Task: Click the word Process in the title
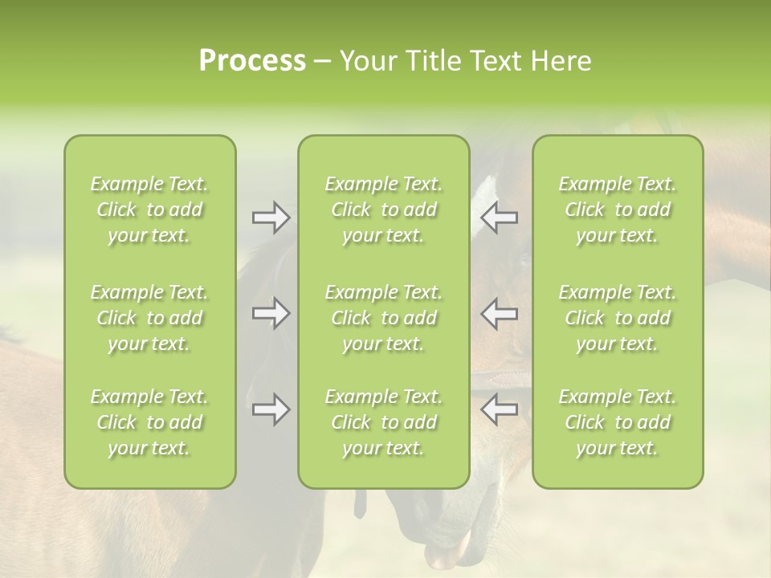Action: point(252,61)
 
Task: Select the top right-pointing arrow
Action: point(271,218)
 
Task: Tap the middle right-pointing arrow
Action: point(271,313)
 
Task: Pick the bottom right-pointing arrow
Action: point(271,410)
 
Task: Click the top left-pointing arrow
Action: point(500,218)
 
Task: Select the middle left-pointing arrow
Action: point(500,313)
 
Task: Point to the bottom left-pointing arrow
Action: point(500,410)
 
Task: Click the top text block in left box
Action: point(149,210)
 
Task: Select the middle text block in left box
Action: point(149,318)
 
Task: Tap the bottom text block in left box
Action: point(149,422)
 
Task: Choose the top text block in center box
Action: point(384,210)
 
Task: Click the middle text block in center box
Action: point(384,318)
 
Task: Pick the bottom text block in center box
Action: point(384,422)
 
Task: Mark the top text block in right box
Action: point(618,210)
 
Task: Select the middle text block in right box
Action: point(618,318)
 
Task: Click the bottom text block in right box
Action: point(618,422)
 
